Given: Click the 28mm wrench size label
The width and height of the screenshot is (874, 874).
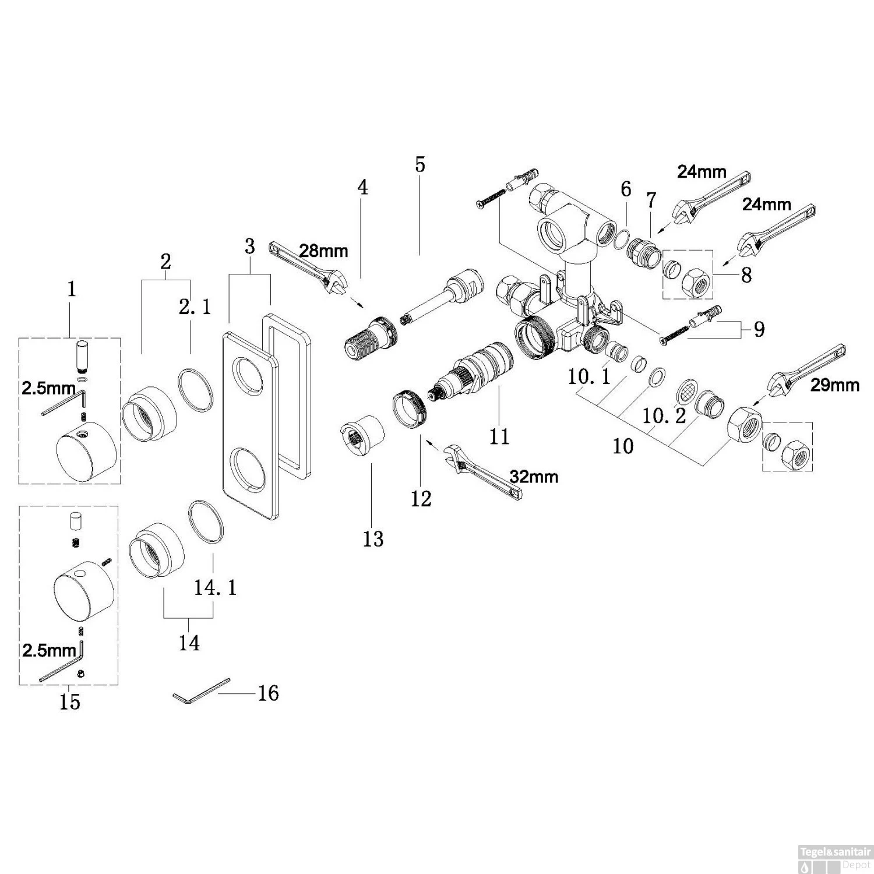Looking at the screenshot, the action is [x=323, y=251].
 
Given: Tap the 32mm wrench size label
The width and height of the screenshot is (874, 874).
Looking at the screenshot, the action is [x=534, y=477].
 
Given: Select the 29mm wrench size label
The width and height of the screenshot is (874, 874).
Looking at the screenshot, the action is [x=834, y=385].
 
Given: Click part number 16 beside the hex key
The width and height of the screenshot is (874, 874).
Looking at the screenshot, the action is [x=269, y=693].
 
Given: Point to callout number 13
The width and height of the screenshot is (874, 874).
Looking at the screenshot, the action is [x=373, y=539].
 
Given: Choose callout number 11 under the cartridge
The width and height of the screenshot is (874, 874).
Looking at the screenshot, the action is [x=499, y=436].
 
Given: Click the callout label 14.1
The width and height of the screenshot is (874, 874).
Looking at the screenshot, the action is [x=216, y=588].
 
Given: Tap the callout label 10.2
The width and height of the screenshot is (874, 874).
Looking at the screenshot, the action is [x=664, y=416].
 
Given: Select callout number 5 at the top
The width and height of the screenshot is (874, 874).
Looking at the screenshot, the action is [x=420, y=165].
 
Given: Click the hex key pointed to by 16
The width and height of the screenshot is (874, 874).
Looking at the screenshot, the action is [x=201, y=690].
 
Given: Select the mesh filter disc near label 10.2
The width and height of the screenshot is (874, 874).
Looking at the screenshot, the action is [x=686, y=391].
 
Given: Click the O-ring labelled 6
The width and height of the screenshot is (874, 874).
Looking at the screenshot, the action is [x=622, y=239].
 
